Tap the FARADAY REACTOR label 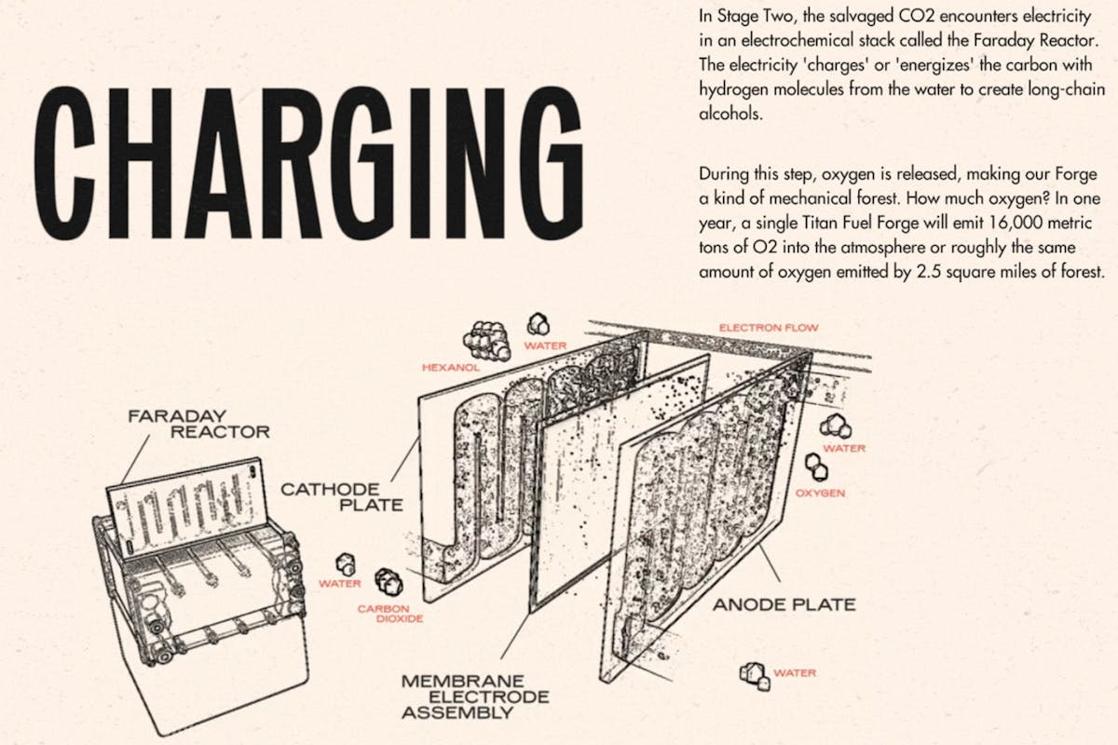coord(198,425)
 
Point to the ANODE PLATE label coord(784,604)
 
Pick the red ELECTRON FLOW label coord(770,328)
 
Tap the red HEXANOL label coord(450,368)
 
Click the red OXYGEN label coord(820,493)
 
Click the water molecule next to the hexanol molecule coord(539,324)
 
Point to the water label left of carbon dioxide coord(338,584)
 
